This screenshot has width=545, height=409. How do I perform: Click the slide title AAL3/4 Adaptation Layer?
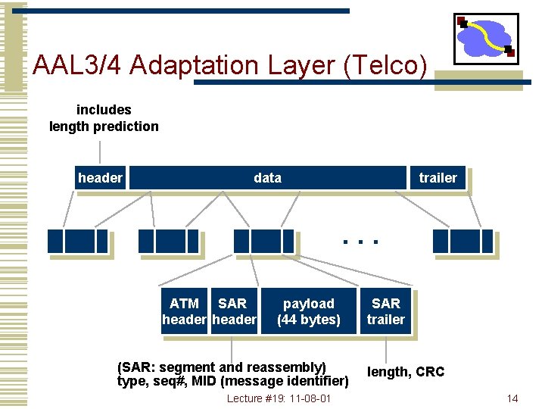[x=230, y=66]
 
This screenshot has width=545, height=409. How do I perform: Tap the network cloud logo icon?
[x=485, y=38]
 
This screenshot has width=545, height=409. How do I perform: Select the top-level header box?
[x=99, y=178]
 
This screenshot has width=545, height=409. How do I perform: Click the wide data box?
[x=267, y=178]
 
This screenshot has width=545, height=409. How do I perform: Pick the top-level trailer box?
[x=438, y=178]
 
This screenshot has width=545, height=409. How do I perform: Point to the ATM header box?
[x=185, y=311]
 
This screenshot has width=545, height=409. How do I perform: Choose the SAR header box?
[x=233, y=311]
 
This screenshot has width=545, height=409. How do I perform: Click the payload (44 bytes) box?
[x=309, y=311]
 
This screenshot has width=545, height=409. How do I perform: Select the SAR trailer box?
[x=386, y=311]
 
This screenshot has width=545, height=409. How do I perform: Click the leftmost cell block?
[x=77, y=241]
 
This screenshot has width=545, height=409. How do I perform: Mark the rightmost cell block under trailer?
[x=462, y=241]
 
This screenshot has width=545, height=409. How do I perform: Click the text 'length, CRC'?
[x=406, y=372]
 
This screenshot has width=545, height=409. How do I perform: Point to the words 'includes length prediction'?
[x=104, y=118]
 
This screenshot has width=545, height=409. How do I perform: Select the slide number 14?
[x=512, y=398]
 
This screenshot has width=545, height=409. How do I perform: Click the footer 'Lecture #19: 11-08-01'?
[x=279, y=398]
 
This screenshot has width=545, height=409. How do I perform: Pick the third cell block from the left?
[x=263, y=241]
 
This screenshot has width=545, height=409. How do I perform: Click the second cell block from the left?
[x=170, y=241]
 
